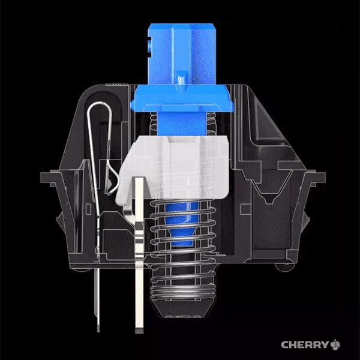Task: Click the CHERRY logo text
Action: coord(305,344)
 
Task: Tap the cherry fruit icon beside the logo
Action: coord(335,344)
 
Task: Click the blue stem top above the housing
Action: coord(182,54)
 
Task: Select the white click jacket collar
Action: coord(173,167)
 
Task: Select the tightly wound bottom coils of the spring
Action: coord(183,291)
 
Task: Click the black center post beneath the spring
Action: coord(183,308)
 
